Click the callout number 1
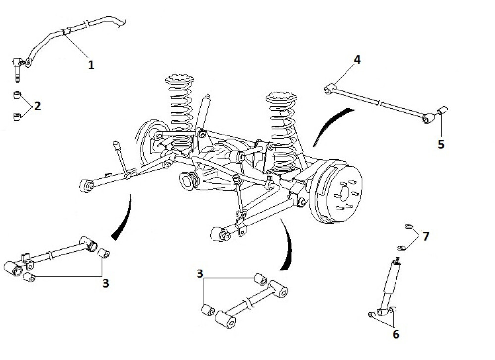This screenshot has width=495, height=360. (91, 64)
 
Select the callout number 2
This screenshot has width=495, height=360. (38, 106)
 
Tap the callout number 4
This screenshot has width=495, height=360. (357, 60)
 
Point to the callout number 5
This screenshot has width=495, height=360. (441, 144)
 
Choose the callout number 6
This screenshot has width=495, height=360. (396, 334)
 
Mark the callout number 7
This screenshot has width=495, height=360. (425, 236)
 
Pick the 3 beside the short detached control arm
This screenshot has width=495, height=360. (200, 273)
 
